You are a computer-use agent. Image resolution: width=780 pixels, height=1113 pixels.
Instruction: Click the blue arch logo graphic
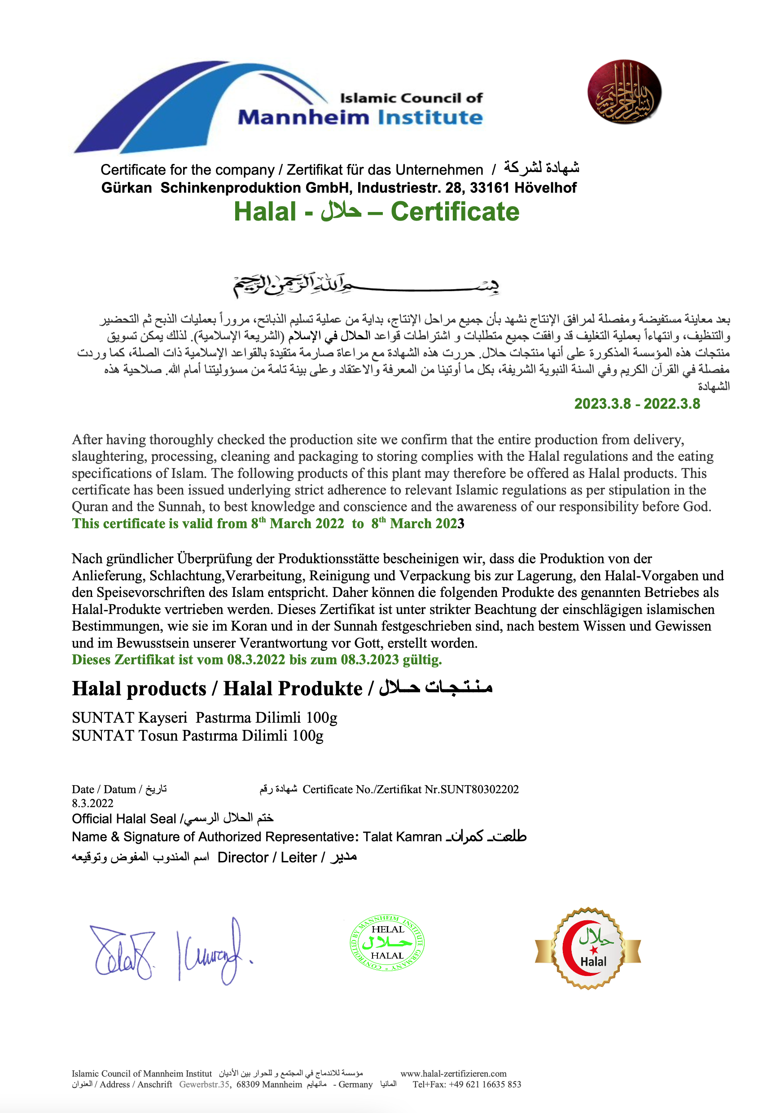click(194, 104)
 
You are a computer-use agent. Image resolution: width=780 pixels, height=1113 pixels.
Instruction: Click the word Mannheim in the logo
click(303, 118)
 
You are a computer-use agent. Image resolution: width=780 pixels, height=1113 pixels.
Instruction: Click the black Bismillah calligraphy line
click(366, 285)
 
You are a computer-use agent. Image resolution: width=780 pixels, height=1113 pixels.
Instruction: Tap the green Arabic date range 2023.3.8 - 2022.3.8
click(636, 404)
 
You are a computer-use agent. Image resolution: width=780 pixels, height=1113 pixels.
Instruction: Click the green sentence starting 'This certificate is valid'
click(267, 524)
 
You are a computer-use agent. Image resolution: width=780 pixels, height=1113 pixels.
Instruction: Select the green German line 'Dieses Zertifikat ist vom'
click(256, 660)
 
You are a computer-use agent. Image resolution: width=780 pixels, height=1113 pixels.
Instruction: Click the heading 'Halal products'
click(139, 689)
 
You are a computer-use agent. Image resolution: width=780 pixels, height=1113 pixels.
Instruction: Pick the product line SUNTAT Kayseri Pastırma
click(204, 717)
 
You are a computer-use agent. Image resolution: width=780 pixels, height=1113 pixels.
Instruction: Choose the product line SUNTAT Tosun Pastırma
click(197, 736)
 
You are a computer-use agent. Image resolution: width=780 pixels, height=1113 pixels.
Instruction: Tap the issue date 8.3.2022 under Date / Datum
click(92, 803)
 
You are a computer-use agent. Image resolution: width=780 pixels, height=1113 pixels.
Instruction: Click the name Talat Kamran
click(402, 837)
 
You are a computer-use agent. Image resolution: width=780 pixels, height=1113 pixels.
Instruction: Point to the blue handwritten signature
click(170, 952)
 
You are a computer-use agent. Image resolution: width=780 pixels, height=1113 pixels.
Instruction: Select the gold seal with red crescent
click(587, 949)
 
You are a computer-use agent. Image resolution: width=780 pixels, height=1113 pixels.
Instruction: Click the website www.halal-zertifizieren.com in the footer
click(453, 1074)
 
